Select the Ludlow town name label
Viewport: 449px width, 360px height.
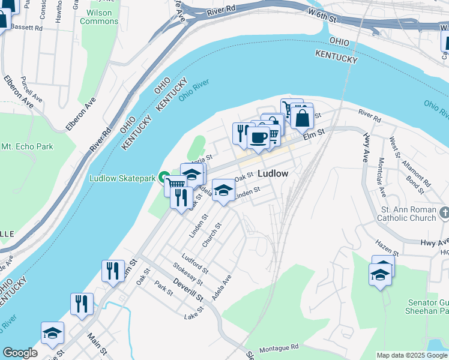(273, 173)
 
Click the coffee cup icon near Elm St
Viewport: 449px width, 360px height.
(258, 137)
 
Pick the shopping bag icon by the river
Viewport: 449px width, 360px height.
(302, 118)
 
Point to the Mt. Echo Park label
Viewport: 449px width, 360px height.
(27, 146)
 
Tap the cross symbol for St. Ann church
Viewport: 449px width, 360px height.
(444, 212)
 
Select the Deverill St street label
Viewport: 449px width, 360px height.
(189, 290)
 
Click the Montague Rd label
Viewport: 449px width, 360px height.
(279, 349)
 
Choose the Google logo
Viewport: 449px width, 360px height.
(20, 353)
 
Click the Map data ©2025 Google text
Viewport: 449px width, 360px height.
(412, 355)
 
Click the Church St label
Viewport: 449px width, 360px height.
(212, 235)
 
